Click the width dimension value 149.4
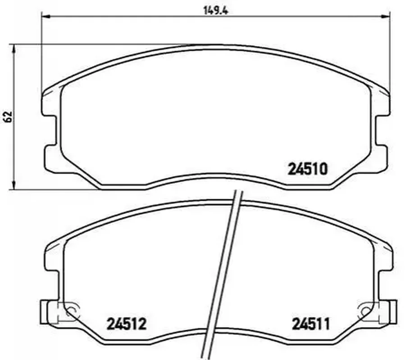[x=216, y=11]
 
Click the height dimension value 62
[x=9, y=117]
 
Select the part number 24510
[x=307, y=169]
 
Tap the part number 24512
[x=127, y=324]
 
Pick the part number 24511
[x=311, y=324]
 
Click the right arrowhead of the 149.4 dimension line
[x=385, y=17]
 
